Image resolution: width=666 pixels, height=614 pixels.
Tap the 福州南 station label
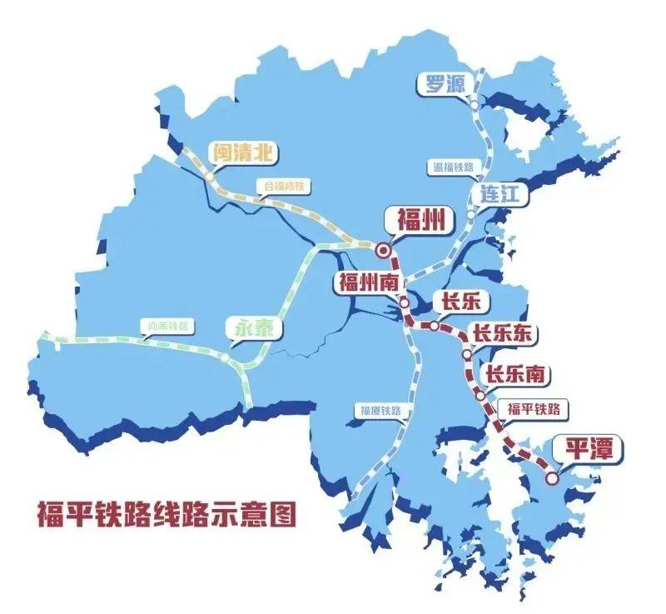point(367,282)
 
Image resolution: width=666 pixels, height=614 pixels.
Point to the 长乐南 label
point(516,376)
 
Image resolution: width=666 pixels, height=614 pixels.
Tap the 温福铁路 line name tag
point(453,167)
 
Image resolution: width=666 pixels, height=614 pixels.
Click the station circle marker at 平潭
point(552,478)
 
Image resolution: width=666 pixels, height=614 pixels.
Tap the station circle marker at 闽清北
point(209,177)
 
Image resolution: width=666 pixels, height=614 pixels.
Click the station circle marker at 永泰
point(225,357)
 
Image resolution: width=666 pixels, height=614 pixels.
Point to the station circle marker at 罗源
point(474,106)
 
